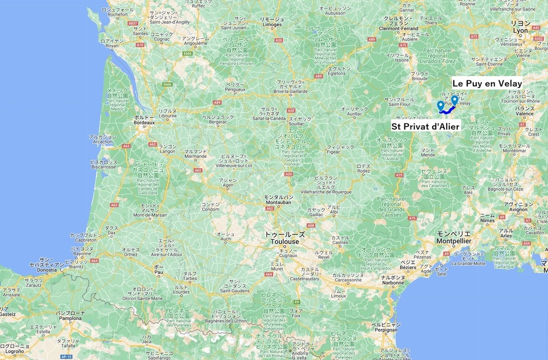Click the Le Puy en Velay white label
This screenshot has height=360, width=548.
pos(487,84)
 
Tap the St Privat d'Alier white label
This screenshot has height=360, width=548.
pos(425,125)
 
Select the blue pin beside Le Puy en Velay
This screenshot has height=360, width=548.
pos(454,100)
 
